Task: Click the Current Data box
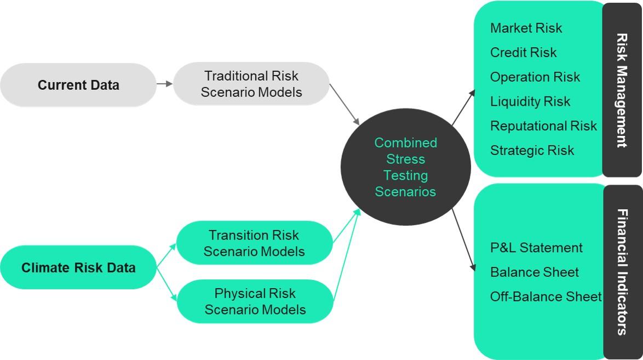78,85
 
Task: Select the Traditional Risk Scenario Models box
251,84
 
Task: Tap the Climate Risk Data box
78,267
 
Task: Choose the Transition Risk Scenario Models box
254,243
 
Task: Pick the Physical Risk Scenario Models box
255,301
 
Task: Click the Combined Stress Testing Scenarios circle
405,167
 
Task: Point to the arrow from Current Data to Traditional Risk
164,84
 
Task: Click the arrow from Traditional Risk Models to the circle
345,104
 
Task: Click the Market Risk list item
526,28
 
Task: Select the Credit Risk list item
523,53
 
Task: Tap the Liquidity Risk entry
530,101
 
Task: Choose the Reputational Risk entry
543,126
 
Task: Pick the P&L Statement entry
536,248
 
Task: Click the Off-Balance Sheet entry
546,296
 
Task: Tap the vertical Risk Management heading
622,90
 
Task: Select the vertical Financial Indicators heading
622,272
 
